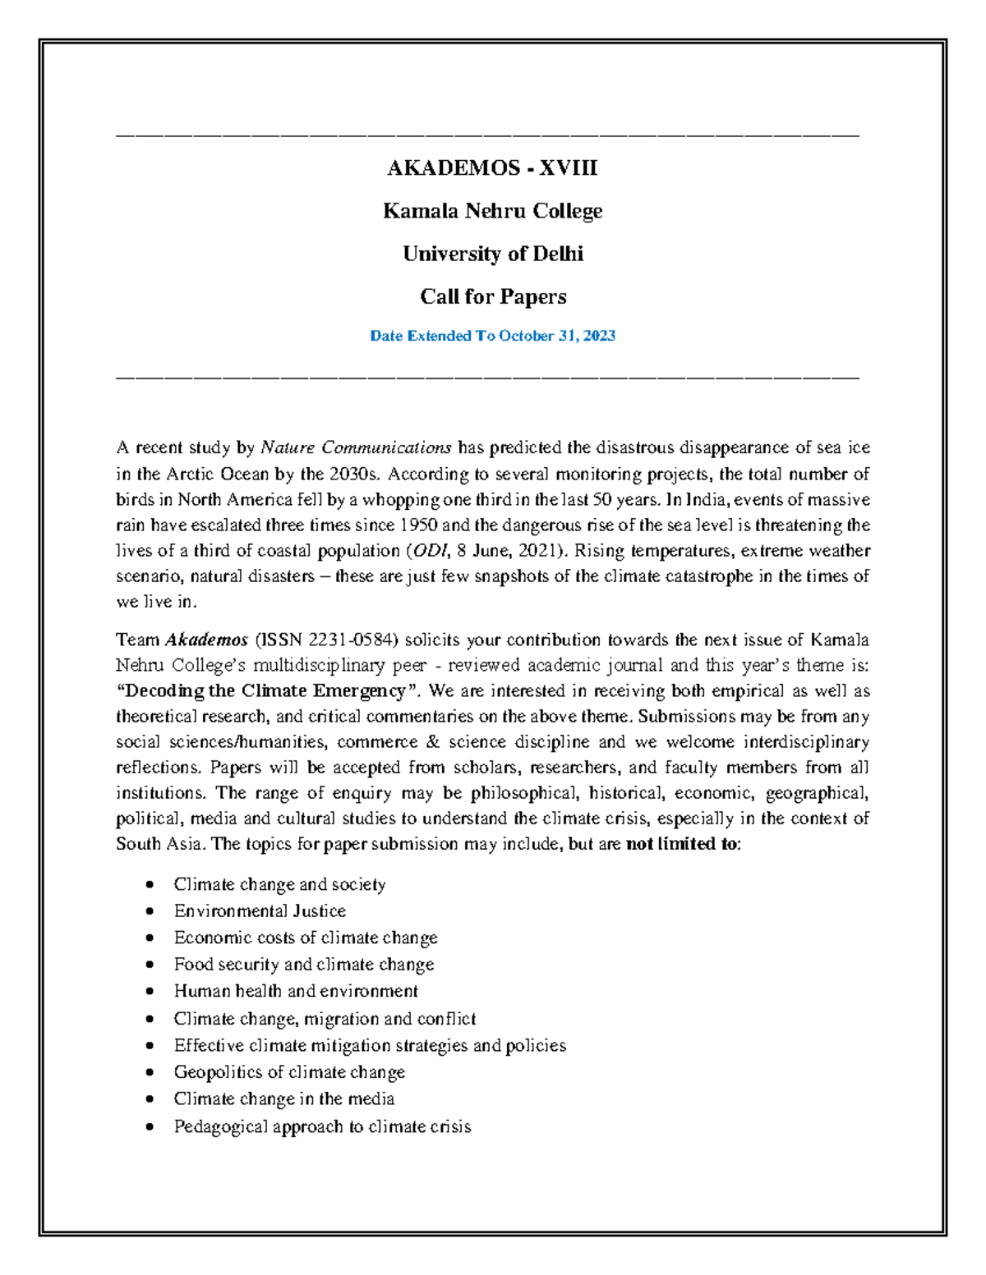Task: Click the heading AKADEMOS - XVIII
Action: coord(492,168)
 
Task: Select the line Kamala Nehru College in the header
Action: coord(492,211)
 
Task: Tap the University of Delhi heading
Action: coord(492,254)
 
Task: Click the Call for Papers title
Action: coord(492,296)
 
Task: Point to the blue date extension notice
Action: coord(492,336)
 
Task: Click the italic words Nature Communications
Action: coord(355,447)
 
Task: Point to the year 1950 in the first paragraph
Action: coord(418,525)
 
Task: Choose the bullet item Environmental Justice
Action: coord(260,910)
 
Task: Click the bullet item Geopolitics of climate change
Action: coord(289,1072)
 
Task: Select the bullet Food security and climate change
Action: coord(303,964)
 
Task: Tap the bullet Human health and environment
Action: coord(296,991)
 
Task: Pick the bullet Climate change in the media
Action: coord(283,1098)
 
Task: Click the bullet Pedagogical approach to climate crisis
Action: coord(322,1126)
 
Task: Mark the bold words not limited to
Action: coord(682,844)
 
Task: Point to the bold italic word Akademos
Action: coord(206,640)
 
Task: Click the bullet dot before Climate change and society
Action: coord(149,884)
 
